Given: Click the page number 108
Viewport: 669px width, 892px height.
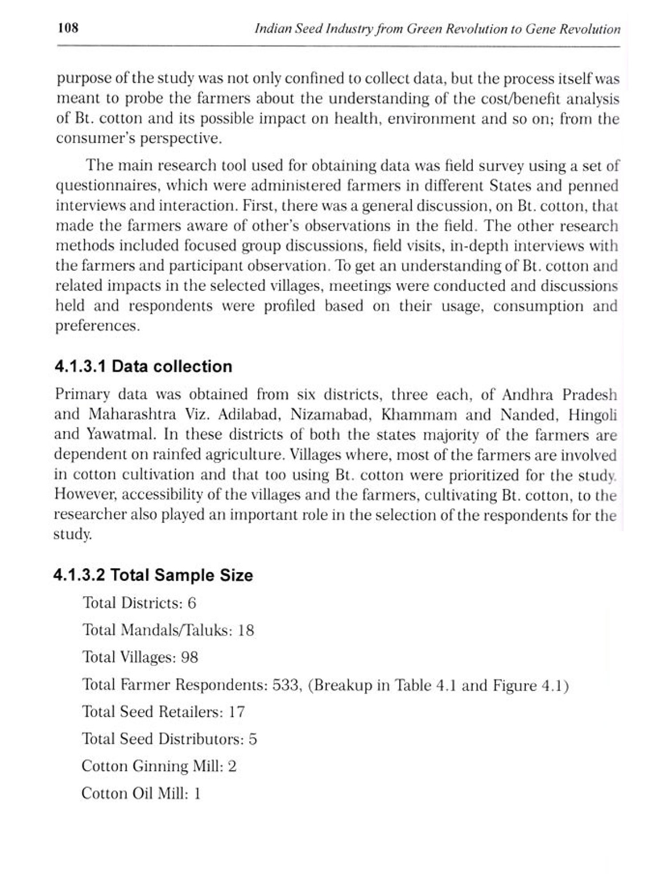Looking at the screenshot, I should (68, 28).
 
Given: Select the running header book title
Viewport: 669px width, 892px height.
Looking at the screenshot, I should (437, 29).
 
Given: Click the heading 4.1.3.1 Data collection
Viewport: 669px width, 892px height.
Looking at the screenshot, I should (143, 366).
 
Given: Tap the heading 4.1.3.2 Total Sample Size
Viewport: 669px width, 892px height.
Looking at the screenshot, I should (153, 575).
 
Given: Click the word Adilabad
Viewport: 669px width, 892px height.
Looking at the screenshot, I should (249, 414).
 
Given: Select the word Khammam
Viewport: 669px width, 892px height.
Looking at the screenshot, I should (419, 414).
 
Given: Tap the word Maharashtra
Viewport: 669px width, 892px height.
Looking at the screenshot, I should (132, 414).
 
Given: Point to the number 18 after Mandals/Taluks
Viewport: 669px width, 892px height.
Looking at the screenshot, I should (246, 630).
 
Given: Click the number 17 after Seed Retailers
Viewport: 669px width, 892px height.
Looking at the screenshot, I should (237, 712).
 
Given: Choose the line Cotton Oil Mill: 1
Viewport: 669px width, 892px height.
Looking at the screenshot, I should (141, 793).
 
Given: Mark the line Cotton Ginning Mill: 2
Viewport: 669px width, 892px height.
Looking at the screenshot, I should (159, 766).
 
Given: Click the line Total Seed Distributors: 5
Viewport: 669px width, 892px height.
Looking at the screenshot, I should (169, 739).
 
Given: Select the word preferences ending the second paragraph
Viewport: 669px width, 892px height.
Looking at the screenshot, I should (97, 326).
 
